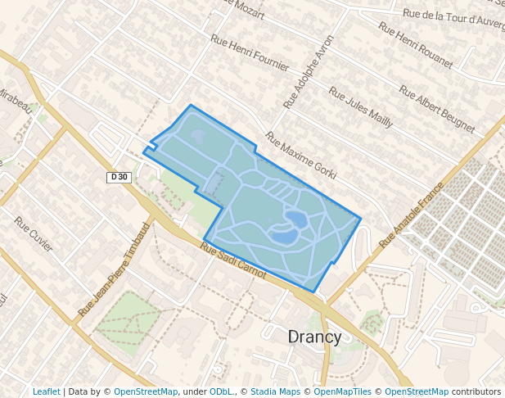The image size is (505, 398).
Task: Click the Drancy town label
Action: (315, 337)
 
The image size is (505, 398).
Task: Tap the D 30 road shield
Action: (119, 177)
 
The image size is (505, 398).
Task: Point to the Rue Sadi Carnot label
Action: (233, 263)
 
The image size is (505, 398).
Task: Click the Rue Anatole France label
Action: (411, 215)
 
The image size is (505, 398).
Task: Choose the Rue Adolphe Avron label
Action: (309, 72)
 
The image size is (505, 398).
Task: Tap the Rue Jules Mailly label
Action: (361, 107)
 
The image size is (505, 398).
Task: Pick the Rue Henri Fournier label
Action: (250, 52)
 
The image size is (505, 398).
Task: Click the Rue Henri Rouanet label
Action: (415, 44)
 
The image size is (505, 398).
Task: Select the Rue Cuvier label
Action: (34, 233)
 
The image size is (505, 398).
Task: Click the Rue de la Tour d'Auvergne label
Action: (453, 16)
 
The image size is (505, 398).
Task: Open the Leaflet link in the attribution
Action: (46, 391)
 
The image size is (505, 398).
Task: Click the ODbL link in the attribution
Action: (221, 391)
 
